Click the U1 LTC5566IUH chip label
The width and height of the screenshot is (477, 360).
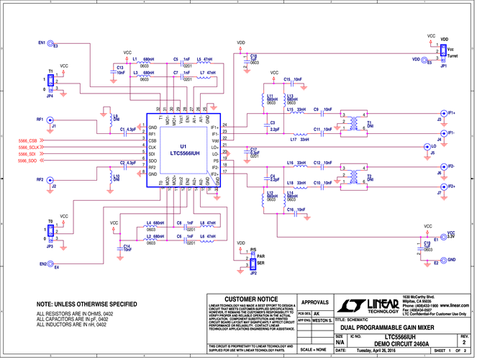pos(183,150)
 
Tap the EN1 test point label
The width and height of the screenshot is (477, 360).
pos(41,42)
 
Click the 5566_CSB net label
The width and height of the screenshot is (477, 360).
pos(32,139)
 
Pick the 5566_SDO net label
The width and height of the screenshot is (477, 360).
pos(32,161)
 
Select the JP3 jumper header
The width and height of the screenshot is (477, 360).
pos(50,232)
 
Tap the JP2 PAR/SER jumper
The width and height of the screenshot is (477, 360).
pos(253,259)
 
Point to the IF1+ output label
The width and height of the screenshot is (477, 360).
pos(451,113)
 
